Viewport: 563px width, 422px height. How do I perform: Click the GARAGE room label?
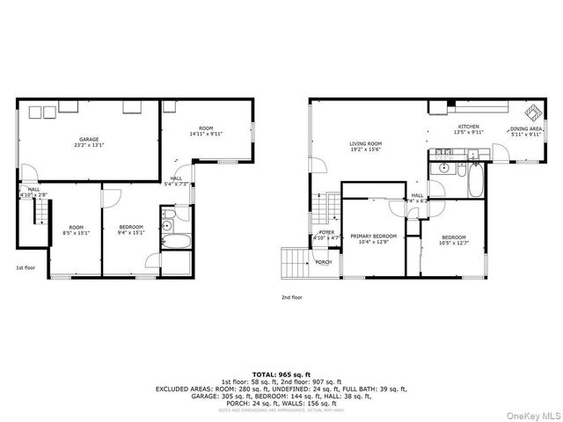89,139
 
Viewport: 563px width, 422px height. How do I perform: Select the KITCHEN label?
467,127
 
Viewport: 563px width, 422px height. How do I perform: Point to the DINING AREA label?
526,129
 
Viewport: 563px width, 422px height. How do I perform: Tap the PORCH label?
324,262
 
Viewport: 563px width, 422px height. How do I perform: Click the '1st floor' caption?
26,267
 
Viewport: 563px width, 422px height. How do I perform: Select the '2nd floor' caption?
291,298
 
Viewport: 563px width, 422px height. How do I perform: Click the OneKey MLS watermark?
531,415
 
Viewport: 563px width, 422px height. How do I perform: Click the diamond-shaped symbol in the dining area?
533,113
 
